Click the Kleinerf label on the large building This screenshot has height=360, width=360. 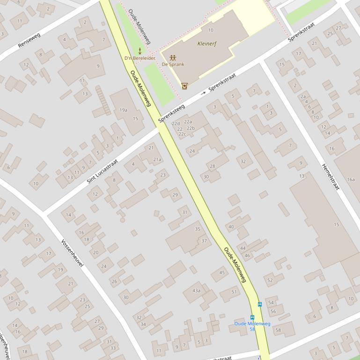click(x=207, y=43)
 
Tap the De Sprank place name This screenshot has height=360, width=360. click(x=173, y=64)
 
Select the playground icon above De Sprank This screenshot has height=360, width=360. click(x=173, y=58)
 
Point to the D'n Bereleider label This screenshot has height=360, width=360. click(x=140, y=58)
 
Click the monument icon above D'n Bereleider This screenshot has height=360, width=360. click(x=140, y=51)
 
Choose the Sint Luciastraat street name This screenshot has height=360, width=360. click(x=102, y=171)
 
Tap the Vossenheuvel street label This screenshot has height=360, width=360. click(x=72, y=253)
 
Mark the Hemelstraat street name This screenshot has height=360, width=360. click(x=331, y=176)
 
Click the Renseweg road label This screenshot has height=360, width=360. click(x=29, y=40)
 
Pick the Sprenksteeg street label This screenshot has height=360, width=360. click(x=171, y=113)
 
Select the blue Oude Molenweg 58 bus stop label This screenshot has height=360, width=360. click(x=252, y=326)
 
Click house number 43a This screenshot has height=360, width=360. click(x=196, y=290)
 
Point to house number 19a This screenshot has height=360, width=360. click(x=123, y=110)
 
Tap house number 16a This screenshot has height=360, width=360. click(x=351, y=179)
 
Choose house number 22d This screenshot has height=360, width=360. click(x=176, y=124)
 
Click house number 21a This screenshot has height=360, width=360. click(x=157, y=159)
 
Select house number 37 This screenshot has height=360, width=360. click(x=204, y=241)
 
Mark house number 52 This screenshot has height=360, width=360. click(x=270, y=280)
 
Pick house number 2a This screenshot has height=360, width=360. click(x=303, y=96)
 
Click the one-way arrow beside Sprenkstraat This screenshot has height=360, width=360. click(x=203, y=94)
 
